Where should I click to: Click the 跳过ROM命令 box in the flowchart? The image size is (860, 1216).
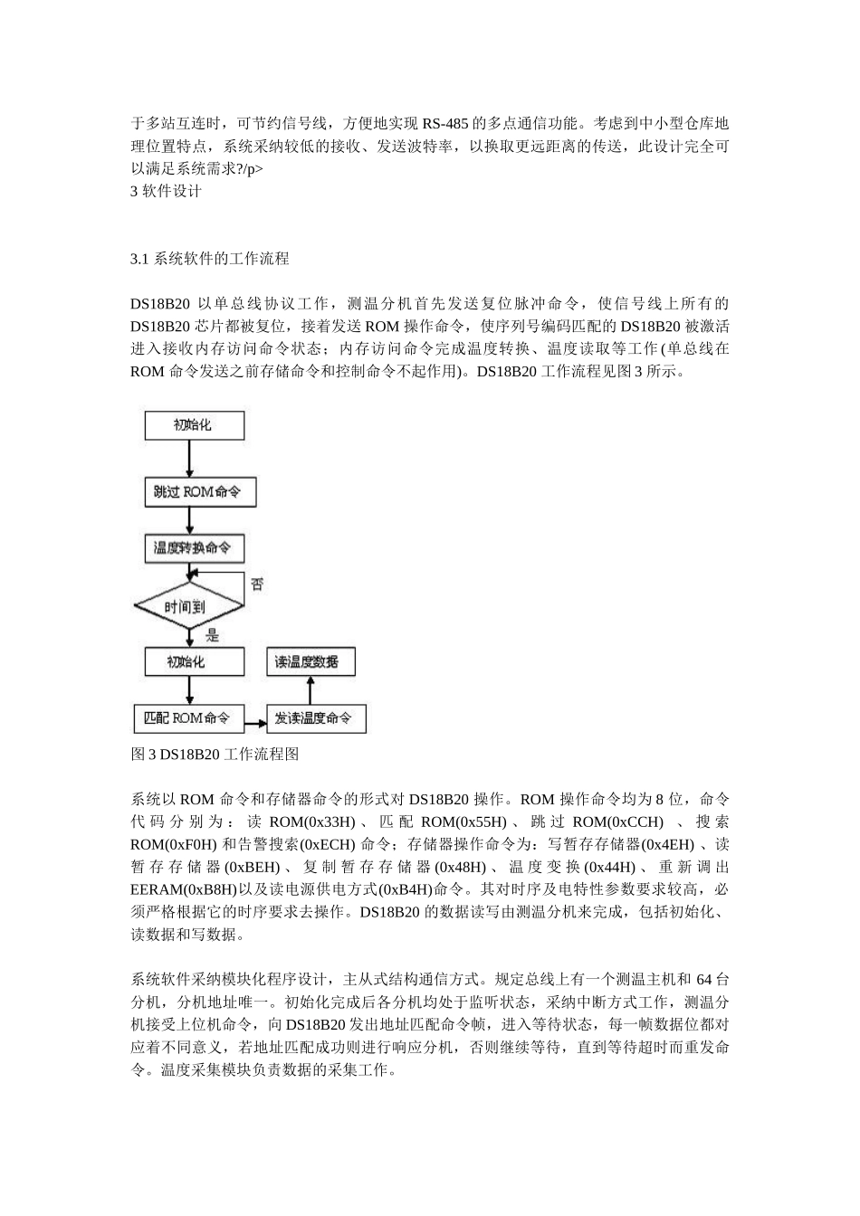pos(200,492)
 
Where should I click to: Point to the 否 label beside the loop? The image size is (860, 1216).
pos(257,584)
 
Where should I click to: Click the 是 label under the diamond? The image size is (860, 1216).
pos(213,635)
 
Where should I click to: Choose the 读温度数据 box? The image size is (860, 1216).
pos(311,661)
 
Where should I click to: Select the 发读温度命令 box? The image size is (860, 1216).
pos(315,718)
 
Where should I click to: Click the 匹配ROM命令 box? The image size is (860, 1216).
pos(189,718)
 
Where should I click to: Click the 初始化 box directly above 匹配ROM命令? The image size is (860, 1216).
pos(194,661)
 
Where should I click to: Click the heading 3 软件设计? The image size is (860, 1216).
pos(167,191)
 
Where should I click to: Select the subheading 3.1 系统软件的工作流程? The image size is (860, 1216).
pos(210,259)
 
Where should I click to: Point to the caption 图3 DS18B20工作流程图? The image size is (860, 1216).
pos(215,754)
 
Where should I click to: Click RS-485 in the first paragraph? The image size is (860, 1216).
pos(445,123)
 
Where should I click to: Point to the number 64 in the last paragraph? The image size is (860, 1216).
pos(707,979)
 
